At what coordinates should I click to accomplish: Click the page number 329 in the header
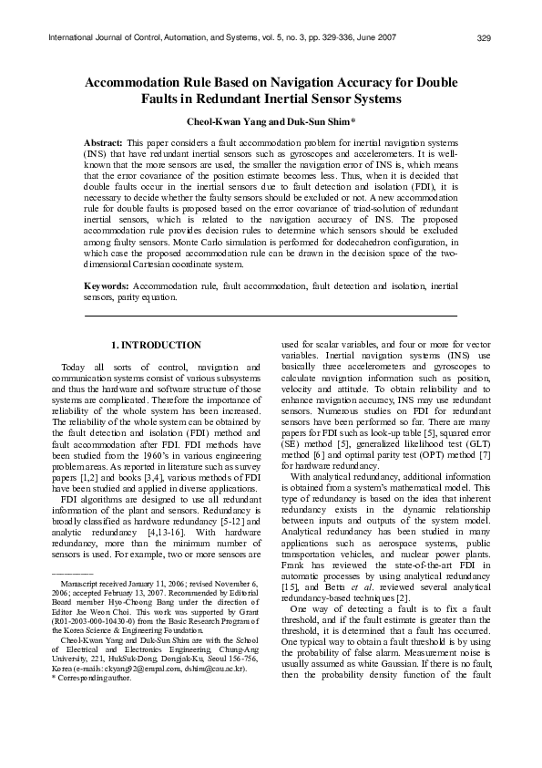click(x=484, y=37)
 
